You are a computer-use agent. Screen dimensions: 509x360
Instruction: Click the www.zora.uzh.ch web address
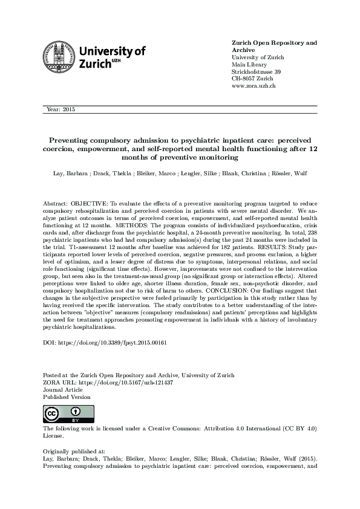click(x=254, y=86)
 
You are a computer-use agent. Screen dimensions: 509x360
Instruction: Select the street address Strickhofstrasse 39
click(x=256, y=72)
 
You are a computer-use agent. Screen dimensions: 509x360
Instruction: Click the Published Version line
click(x=67, y=397)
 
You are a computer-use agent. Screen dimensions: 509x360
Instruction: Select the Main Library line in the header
click(x=249, y=65)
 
